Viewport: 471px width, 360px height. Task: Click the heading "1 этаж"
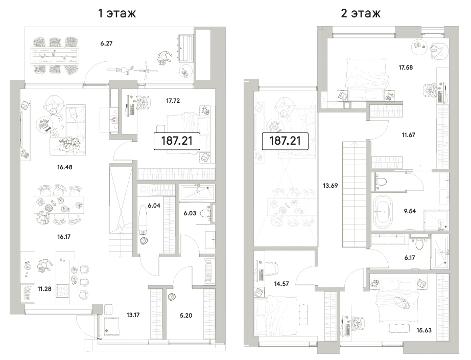click(117, 13)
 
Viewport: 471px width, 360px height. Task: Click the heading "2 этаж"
click(361, 13)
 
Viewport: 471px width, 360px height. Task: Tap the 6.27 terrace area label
click(106, 43)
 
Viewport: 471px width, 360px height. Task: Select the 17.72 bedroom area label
click(173, 101)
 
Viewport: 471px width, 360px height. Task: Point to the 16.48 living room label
click(64, 167)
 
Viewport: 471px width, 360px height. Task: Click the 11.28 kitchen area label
click(44, 289)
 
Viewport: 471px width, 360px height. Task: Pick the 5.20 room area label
click(186, 316)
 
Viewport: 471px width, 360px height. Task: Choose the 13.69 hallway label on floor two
click(331, 186)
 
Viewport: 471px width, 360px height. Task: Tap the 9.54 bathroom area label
click(410, 211)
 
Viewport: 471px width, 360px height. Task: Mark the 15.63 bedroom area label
click(424, 330)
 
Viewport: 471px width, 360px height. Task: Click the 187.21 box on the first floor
click(177, 141)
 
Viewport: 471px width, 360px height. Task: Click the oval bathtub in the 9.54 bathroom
click(383, 211)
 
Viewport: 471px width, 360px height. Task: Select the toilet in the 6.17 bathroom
click(419, 244)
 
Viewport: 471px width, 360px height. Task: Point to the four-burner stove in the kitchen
click(62, 291)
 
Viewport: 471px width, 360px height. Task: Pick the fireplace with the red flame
click(114, 119)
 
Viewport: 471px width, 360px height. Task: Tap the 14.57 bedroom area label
click(281, 284)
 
